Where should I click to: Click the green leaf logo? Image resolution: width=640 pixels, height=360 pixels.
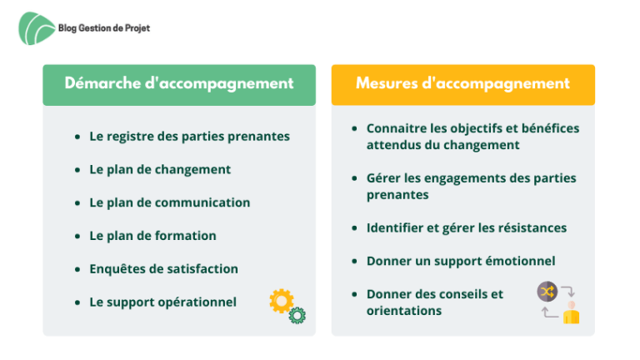point(36,28)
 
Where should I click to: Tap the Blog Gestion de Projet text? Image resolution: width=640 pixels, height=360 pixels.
point(104,28)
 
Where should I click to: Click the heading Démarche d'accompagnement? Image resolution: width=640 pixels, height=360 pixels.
point(179,83)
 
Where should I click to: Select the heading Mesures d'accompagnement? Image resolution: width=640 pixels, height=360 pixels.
point(462,83)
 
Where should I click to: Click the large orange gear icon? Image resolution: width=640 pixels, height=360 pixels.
point(281,301)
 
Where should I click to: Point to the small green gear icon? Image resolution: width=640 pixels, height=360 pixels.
point(297,316)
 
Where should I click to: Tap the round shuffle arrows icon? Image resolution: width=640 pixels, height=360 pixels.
point(547,292)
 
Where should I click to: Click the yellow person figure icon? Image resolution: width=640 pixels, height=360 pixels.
point(572,313)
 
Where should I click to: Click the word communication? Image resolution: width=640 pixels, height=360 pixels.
point(202,202)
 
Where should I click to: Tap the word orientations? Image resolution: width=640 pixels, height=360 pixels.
point(404,311)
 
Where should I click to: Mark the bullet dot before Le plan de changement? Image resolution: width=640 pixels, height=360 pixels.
point(77,170)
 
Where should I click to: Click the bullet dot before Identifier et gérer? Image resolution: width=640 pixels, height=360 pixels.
point(354,228)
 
